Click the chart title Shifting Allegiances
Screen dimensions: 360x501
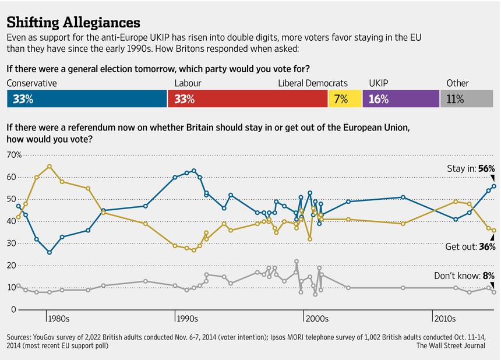click(x=73, y=23)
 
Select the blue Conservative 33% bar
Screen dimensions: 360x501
click(x=87, y=98)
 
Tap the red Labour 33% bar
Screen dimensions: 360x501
click(x=248, y=98)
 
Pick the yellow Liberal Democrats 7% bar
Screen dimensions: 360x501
click(x=345, y=98)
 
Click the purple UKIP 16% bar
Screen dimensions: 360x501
click(x=401, y=98)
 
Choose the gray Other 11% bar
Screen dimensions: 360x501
click(x=467, y=98)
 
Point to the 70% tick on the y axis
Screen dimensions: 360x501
click(x=14, y=155)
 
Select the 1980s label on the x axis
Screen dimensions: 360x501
click(x=58, y=319)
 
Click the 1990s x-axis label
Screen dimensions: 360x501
click(x=188, y=319)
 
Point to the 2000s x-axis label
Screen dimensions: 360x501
click(x=317, y=319)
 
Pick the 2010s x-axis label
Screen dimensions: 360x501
click(x=445, y=319)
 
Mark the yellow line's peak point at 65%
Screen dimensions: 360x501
click(x=50, y=166)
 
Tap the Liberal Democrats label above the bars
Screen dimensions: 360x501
click(x=312, y=83)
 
